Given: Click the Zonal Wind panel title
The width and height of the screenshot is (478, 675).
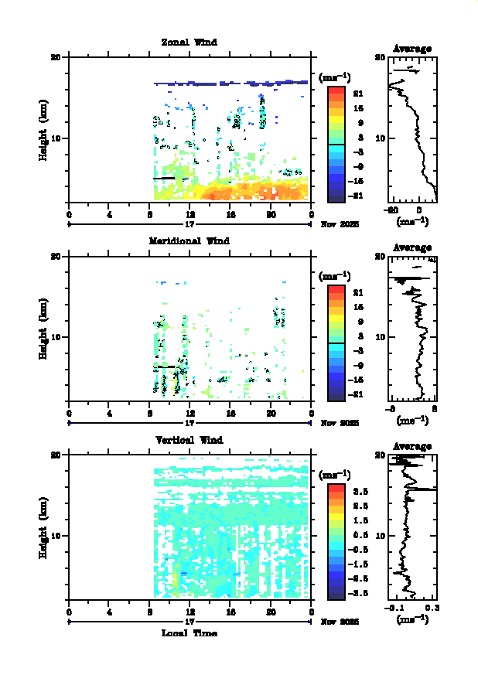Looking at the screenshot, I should pyautogui.click(x=189, y=42).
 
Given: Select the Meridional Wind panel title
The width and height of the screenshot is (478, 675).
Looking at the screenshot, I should pyautogui.click(x=189, y=240).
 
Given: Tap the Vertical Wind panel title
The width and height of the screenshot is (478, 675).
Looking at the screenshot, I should pyautogui.click(x=189, y=440).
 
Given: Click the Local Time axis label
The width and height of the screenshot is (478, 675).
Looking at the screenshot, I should pyautogui.click(x=189, y=633).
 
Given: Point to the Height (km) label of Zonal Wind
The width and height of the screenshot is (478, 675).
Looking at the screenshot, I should pyautogui.click(x=44, y=129).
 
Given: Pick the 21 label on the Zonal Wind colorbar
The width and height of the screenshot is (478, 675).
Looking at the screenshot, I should pyautogui.click(x=358, y=94).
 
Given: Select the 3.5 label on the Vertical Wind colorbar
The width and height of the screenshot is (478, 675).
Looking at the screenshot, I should pyautogui.click(x=359, y=491).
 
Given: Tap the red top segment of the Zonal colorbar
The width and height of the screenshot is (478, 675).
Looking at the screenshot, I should pyautogui.click(x=336, y=90).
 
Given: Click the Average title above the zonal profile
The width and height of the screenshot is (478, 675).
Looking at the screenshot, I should pyautogui.click(x=412, y=49).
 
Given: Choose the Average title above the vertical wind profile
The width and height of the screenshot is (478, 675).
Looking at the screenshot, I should pyautogui.click(x=412, y=447).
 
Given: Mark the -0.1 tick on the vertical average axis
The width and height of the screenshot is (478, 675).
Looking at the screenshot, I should pyautogui.click(x=395, y=609).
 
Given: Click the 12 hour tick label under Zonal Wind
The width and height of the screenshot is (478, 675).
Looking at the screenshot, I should pyautogui.click(x=189, y=214).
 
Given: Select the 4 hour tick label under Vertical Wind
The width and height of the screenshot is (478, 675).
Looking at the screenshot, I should pyautogui.click(x=109, y=612).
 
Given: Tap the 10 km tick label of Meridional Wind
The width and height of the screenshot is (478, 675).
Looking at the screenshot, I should pyautogui.click(x=56, y=337).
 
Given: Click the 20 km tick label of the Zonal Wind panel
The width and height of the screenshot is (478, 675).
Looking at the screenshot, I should pyautogui.click(x=56, y=57).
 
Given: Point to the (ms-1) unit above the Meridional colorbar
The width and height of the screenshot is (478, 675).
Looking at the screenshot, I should pyautogui.click(x=335, y=275).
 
